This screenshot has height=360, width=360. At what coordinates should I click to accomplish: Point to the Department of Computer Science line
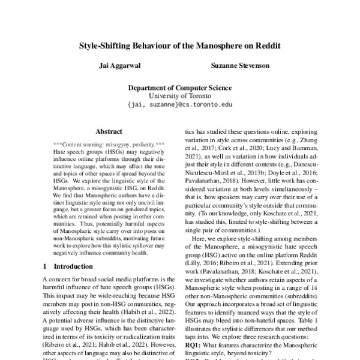point(179,86)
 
